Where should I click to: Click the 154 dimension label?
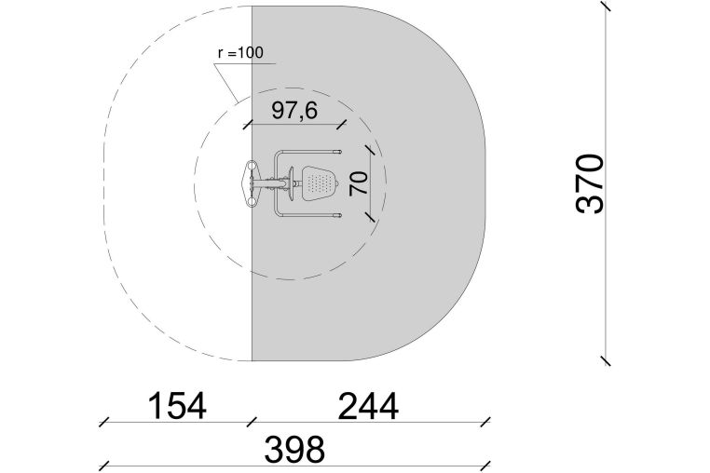pyautogui.click(x=177, y=406)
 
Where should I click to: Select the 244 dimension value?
pyautogui.click(x=368, y=406)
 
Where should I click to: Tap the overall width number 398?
pyautogui.click(x=294, y=449)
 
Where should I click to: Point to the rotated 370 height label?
pyautogui.click(x=590, y=183)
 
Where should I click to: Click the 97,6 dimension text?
pyautogui.click(x=294, y=111)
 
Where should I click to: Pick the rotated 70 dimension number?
pyautogui.click(x=359, y=183)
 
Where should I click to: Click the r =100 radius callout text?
pyautogui.click(x=240, y=53)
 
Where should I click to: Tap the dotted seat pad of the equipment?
pyautogui.click(x=320, y=183)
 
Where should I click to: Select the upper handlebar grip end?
pyautogui.click(x=337, y=152)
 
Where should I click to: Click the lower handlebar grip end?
pyautogui.click(x=337, y=215)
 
